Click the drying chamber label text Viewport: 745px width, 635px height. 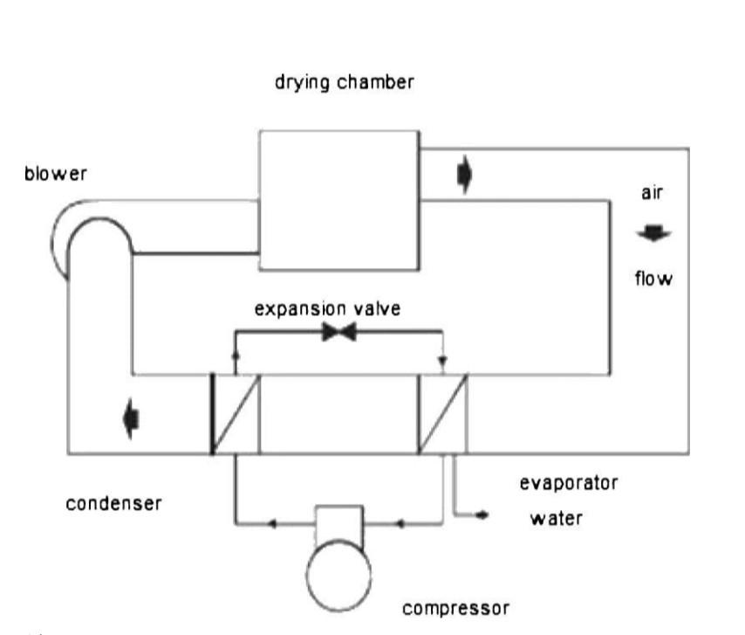click(345, 82)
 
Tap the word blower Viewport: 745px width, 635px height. click(56, 173)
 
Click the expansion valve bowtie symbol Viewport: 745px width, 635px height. click(338, 332)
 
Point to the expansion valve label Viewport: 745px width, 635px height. click(327, 308)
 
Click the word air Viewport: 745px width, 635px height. click(652, 193)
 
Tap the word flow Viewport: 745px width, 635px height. click(653, 279)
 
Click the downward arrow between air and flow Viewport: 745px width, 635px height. click(653, 233)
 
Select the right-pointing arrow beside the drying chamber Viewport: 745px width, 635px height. click(465, 175)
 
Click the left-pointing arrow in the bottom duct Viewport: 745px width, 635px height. click(131, 419)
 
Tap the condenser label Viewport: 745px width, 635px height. click(114, 503)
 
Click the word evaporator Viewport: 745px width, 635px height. click(569, 483)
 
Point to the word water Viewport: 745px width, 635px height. click(557, 518)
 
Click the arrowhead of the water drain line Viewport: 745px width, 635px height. click(482, 514)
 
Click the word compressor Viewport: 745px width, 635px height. click(455, 609)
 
